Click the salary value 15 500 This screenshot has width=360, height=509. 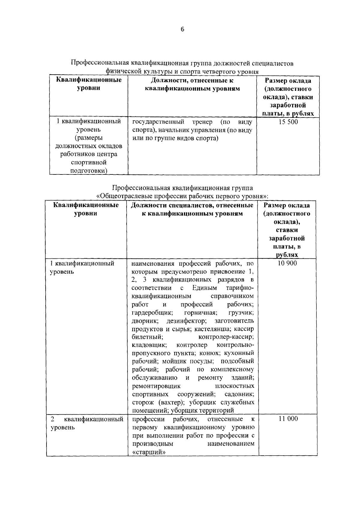click(x=288, y=122)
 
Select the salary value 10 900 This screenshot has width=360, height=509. click(x=287, y=263)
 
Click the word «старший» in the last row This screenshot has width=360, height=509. click(x=149, y=452)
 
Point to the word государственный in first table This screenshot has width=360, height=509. click(x=158, y=122)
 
